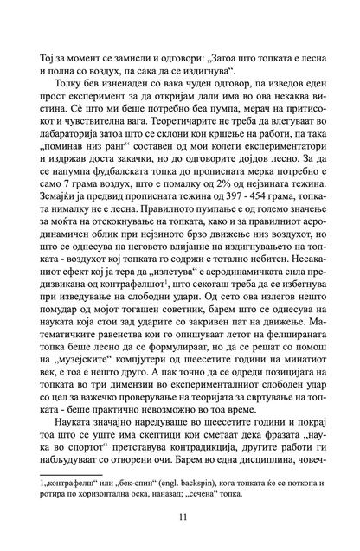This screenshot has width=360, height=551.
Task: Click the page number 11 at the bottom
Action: click(x=180, y=517)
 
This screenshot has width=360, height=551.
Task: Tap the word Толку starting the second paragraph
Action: click(x=74, y=81)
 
